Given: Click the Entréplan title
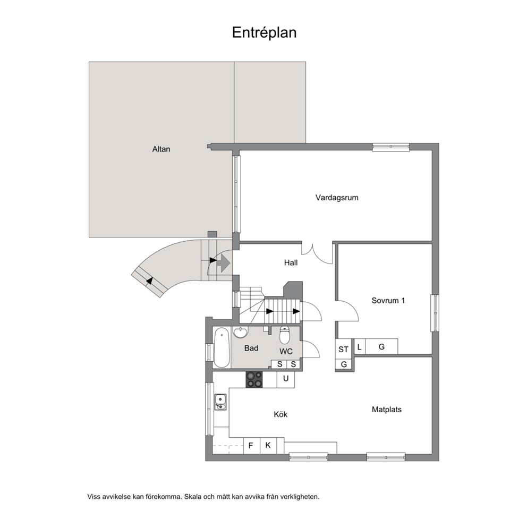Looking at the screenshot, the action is (264, 33).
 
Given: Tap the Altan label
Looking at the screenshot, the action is (161, 149).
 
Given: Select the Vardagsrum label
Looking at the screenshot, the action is (337, 198).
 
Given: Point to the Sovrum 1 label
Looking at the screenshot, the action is (388, 301).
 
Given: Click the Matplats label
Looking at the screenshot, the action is (387, 410).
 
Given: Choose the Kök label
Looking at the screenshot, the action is (280, 414).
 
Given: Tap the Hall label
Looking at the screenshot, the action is (291, 262).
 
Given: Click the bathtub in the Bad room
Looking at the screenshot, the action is (222, 348).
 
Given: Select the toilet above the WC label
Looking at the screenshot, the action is (285, 335).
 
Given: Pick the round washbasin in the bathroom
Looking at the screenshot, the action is (240, 331).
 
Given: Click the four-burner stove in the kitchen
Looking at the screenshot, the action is (254, 379).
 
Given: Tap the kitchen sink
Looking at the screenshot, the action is (220, 402).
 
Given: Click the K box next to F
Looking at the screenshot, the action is (268, 446).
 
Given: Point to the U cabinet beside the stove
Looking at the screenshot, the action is (286, 379).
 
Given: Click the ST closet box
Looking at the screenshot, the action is (344, 349).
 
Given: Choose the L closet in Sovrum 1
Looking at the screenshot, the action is (360, 346).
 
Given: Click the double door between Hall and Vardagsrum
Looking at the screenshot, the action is (317, 252).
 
